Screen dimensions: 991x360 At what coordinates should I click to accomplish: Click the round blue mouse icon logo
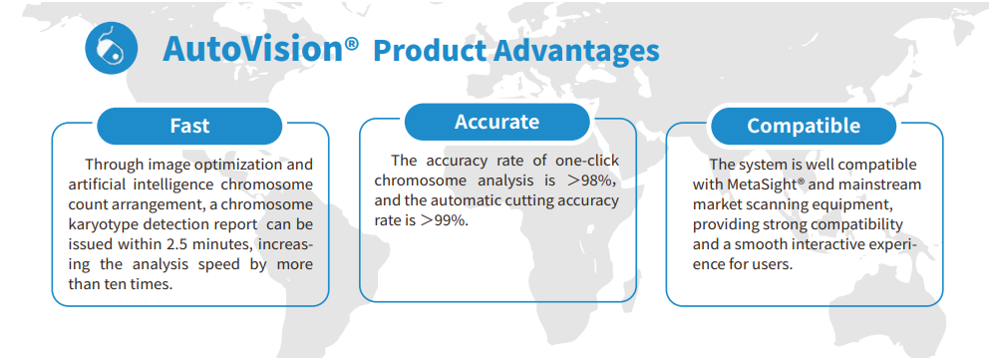pos(112,49)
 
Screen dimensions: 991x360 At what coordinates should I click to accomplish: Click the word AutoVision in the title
pos(252,49)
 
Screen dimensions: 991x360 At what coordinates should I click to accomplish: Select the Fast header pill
pos(189,126)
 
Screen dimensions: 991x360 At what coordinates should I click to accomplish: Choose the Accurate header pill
pos(496,122)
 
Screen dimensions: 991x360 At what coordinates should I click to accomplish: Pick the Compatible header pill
pos(804,126)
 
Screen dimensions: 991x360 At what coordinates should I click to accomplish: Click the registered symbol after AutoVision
pos(352,44)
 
